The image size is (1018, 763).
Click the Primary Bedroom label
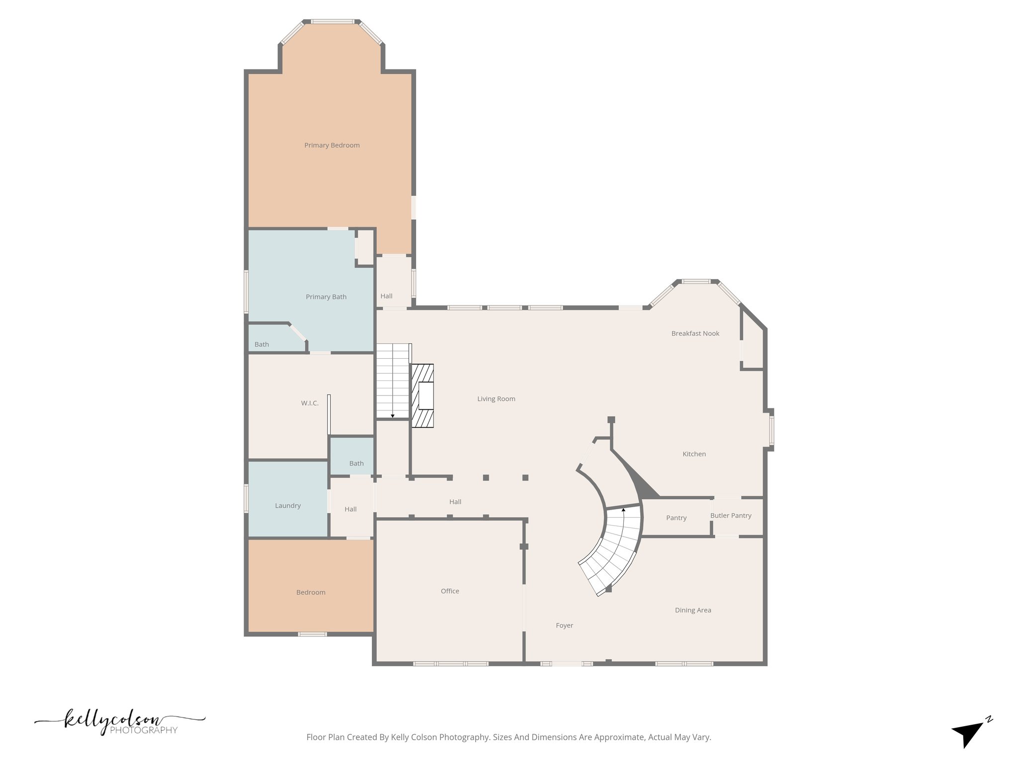point(332,145)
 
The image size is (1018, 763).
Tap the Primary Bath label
point(326,297)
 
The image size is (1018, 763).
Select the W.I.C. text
point(310,403)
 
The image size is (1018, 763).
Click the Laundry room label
point(288,506)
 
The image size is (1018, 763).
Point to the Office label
point(450,591)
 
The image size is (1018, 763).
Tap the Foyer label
point(564,625)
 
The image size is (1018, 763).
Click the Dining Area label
point(693,610)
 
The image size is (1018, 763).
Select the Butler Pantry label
point(731,516)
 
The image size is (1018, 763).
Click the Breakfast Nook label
point(695,333)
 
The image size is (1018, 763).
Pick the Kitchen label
point(694,454)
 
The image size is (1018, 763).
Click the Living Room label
point(496,399)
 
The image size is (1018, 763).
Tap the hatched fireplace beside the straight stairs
point(423,395)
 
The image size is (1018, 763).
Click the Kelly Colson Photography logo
point(119,723)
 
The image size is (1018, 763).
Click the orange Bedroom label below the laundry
point(311,592)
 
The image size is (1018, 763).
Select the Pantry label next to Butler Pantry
point(676,518)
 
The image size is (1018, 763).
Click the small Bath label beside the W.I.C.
point(356,463)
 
